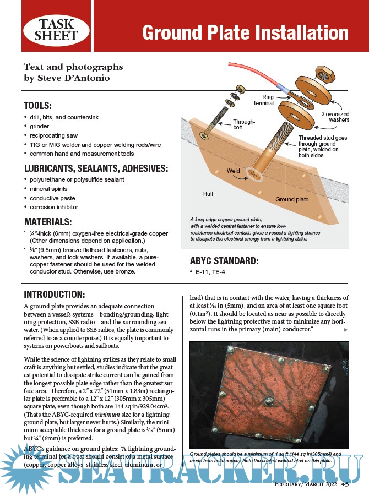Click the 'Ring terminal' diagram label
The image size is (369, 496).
click(263, 100)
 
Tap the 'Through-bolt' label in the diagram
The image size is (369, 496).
click(243, 125)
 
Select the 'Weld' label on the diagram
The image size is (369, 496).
click(234, 171)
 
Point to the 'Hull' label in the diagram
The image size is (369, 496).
click(208, 194)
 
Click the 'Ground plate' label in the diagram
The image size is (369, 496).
click(291, 199)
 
